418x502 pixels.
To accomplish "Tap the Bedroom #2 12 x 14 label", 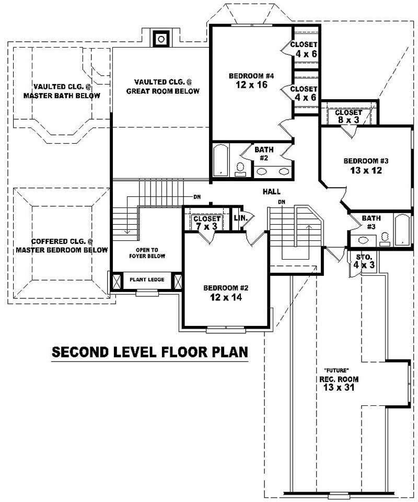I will tap(223, 293).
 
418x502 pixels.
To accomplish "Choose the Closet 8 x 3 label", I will tap(348, 116).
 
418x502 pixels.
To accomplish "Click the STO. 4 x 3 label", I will tap(364, 261).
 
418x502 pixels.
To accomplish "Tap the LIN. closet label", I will tap(240, 217).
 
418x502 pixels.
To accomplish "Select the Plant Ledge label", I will tap(147, 280).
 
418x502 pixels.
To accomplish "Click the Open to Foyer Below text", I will tap(147, 253).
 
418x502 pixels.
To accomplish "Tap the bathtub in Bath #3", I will tap(403, 229).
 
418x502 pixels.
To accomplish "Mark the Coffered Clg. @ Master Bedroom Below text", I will tap(62, 246).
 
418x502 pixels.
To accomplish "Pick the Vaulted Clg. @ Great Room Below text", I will tap(162, 86).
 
